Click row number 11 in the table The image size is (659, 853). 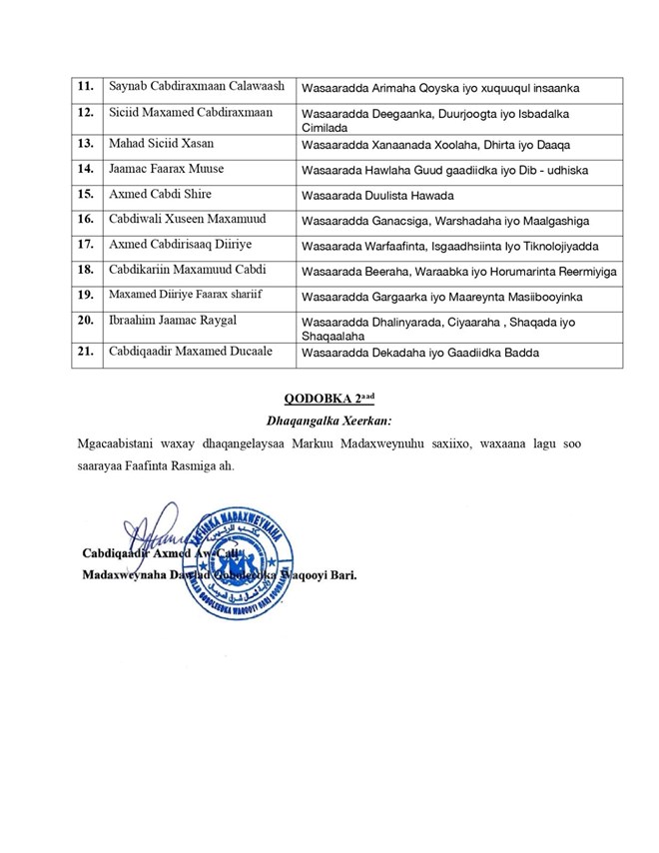click(x=87, y=88)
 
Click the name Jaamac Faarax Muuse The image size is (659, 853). click(x=166, y=168)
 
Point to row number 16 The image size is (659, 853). click(x=87, y=218)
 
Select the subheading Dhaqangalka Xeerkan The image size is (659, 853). click(x=329, y=421)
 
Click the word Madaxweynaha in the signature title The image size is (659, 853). click(x=123, y=576)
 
